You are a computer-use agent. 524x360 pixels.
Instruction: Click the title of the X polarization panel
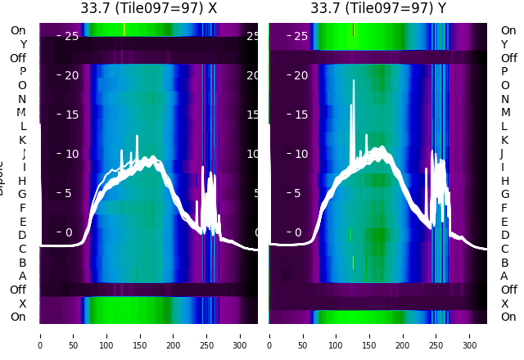pos(148,8)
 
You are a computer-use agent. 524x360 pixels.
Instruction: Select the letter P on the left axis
pos(22,72)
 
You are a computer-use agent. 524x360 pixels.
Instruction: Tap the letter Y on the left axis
pos(23,44)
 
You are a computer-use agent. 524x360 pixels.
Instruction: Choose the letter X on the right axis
pos(504,304)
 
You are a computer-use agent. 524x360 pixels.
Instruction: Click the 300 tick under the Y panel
pos(470,335)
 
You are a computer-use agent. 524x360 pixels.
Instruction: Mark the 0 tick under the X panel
pos(40,335)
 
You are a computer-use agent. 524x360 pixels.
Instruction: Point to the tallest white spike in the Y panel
pos(354,80)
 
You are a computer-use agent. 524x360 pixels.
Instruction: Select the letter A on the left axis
pos(22,276)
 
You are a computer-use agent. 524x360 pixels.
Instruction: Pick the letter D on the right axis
pos(505,235)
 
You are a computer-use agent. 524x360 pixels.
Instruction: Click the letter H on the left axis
pos(22,181)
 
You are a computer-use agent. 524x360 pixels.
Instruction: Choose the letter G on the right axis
pos(505,194)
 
